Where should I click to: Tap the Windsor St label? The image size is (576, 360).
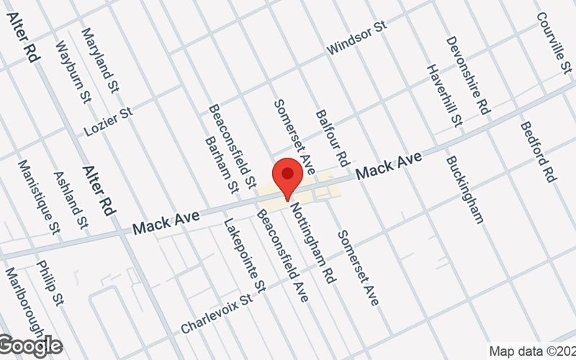(356, 37)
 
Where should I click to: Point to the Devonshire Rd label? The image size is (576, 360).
(467, 75)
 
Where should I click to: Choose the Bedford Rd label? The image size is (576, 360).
(538, 151)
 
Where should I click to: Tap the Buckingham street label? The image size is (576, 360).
(464, 189)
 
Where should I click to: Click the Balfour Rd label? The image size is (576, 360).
(332, 136)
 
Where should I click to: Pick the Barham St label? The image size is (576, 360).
(221, 165)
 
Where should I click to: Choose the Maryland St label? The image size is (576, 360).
(100, 60)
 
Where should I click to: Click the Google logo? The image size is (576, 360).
(30, 346)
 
